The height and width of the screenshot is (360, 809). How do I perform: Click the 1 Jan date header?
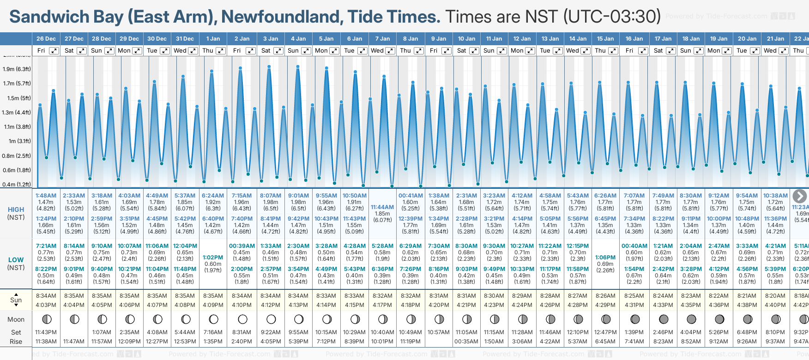pyautogui.click(x=213, y=39)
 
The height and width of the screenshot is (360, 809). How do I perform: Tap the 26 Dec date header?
pyautogui.click(x=46, y=39)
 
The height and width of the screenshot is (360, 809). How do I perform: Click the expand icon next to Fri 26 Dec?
pyautogui.click(x=54, y=51)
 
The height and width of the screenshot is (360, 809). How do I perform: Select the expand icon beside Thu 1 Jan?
pyautogui.click(x=221, y=51)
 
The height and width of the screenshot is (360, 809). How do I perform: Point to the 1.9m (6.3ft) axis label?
pyautogui.click(x=17, y=69)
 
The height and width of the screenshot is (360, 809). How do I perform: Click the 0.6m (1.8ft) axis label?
pyautogui.click(x=17, y=170)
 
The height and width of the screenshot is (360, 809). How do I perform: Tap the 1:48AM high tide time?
pyautogui.click(x=46, y=196)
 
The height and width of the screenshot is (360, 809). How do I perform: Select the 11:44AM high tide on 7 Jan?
pyautogui.click(x=382, y=207)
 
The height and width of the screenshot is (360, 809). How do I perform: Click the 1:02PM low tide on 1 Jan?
pyautogui.click(x=213, y=258)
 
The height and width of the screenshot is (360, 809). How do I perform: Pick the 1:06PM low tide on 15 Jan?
pyautogui.click(x=605, y=258)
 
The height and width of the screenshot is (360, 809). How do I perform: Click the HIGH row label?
pyautogui.click(x=16, y=210)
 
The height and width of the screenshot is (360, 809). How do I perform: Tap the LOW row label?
pyautogui.click(x=16, y=260)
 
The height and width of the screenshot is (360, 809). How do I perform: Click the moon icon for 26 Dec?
pyautogui.click(x=46, y=319)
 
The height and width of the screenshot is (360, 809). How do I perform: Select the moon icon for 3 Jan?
pyautogui.click(x=271, y=319)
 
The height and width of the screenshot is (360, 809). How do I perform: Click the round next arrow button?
pyautogui.click(x=799, y=196)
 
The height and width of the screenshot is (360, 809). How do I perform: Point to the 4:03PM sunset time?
pyautogui.click(x=46, y=305)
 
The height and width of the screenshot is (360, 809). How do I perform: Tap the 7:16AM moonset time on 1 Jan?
pyautogui.click(x=213, y=332)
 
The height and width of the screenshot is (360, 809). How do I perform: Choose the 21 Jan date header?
pyautogui.click(x=776, y=39)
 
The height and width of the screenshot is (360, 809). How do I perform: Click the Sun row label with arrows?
pyautogui.click(x=16, y=300)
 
